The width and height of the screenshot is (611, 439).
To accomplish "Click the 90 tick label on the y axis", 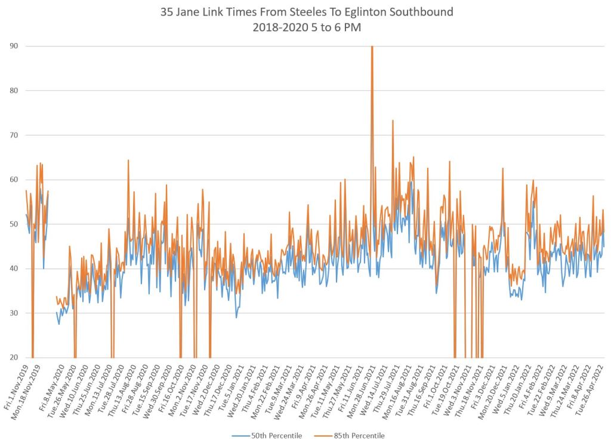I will pos(14,46).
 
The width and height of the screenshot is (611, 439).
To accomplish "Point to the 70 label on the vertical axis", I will pos(14,135).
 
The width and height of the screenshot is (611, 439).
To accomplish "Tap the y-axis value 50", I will pos(14,224).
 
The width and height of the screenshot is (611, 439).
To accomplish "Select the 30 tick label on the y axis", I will pos(14,313).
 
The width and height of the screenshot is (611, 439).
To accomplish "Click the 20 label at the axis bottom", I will pos(14,358).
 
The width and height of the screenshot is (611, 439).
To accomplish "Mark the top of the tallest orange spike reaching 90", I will pos(372,47).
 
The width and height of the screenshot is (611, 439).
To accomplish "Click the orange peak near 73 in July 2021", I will pos(393,121).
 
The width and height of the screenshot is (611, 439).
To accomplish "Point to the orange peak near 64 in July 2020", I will pos(128,160).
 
